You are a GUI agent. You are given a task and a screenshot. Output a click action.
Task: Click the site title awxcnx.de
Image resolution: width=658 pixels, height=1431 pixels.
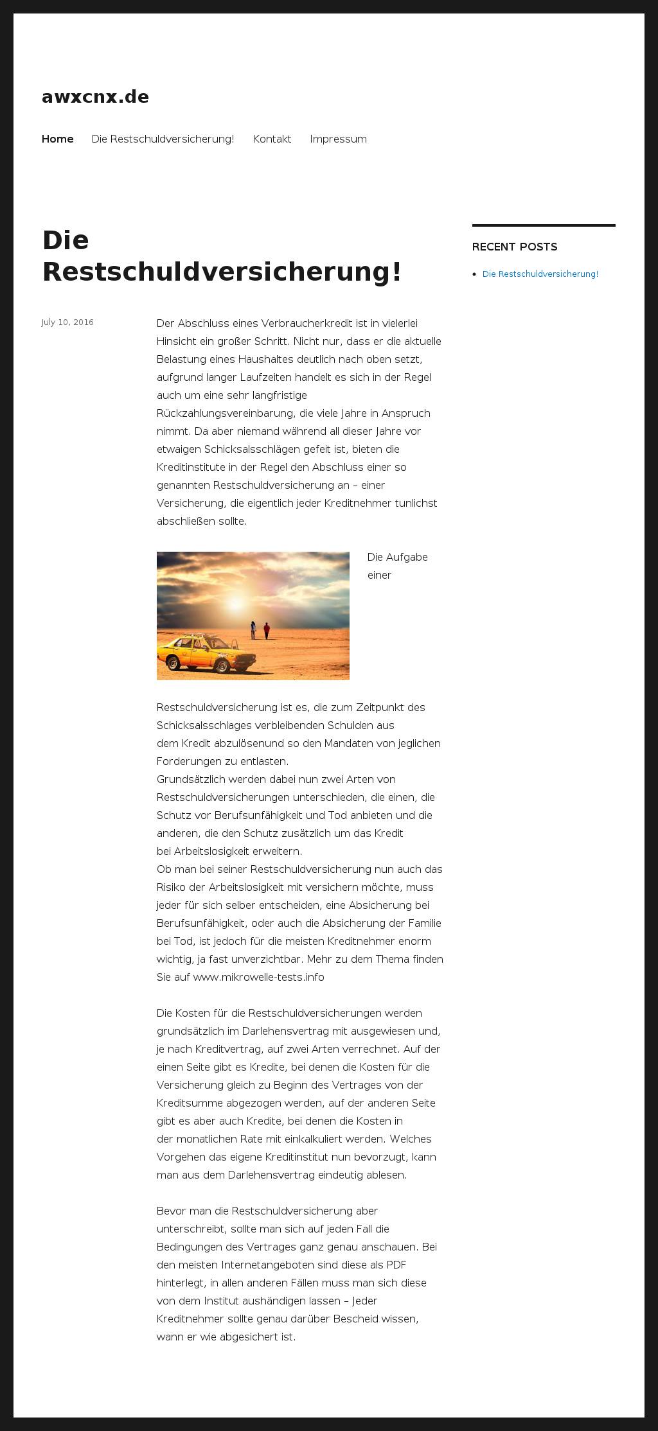click(x=95, y=97)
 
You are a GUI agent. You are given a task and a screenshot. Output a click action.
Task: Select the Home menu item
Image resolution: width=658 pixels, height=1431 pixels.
click(x=57, y=139)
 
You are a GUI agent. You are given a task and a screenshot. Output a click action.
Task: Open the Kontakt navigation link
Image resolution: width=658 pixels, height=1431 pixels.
click(x=272, y=139)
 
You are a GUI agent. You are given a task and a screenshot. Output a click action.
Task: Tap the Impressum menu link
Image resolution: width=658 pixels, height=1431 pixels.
click(x=338, y=139)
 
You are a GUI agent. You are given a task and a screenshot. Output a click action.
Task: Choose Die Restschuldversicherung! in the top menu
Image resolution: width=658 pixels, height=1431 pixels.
click(x=163, y=139)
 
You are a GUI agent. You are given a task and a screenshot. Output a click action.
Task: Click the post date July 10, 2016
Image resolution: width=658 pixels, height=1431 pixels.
click(x=67, y=322)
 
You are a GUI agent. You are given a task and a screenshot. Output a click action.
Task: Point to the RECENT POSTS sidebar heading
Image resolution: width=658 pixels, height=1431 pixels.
click(x=514, y=247)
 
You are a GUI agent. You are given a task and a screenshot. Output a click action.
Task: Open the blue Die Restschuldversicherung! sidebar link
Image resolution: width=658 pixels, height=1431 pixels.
click(x=540, y=274)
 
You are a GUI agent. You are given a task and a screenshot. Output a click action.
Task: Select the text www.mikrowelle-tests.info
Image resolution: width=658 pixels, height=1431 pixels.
click(x=258, y=977)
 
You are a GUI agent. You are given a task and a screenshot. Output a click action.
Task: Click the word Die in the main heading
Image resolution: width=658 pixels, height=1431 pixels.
click(x=66, y=240)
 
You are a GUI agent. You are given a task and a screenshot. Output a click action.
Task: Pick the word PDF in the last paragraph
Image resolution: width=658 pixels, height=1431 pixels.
click(x=396, y=1265)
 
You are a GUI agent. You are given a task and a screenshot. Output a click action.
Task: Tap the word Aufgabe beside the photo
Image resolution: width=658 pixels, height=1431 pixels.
click(x=407, y=557)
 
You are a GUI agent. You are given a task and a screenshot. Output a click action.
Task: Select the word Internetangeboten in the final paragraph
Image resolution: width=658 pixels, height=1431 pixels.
click(x=267, y=1265)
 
